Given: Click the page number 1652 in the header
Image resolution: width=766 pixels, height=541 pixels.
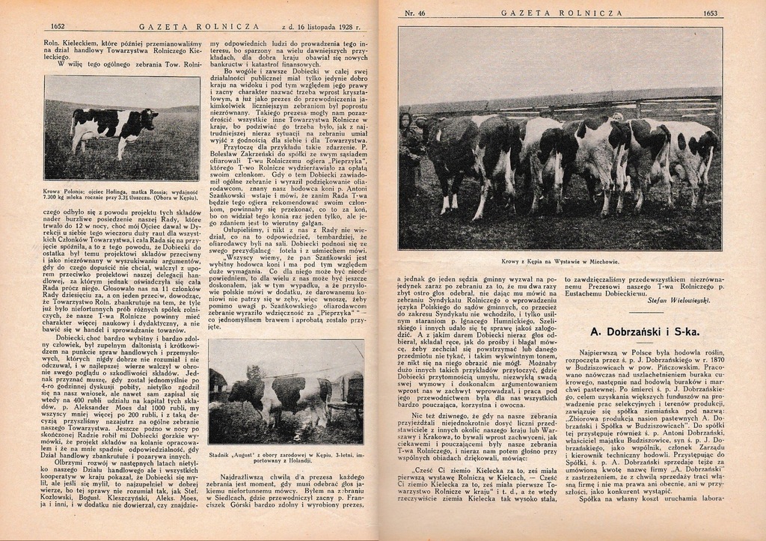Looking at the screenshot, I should coord(58,26).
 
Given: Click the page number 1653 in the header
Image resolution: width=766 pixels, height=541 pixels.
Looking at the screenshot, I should coord(710,13).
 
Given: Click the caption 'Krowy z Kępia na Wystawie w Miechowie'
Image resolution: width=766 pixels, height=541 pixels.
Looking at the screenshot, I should coord(560,262).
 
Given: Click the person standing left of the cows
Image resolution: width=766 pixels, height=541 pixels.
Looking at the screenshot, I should coord(408,150).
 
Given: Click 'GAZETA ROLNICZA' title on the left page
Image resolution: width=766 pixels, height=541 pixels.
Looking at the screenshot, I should coord(199,26).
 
